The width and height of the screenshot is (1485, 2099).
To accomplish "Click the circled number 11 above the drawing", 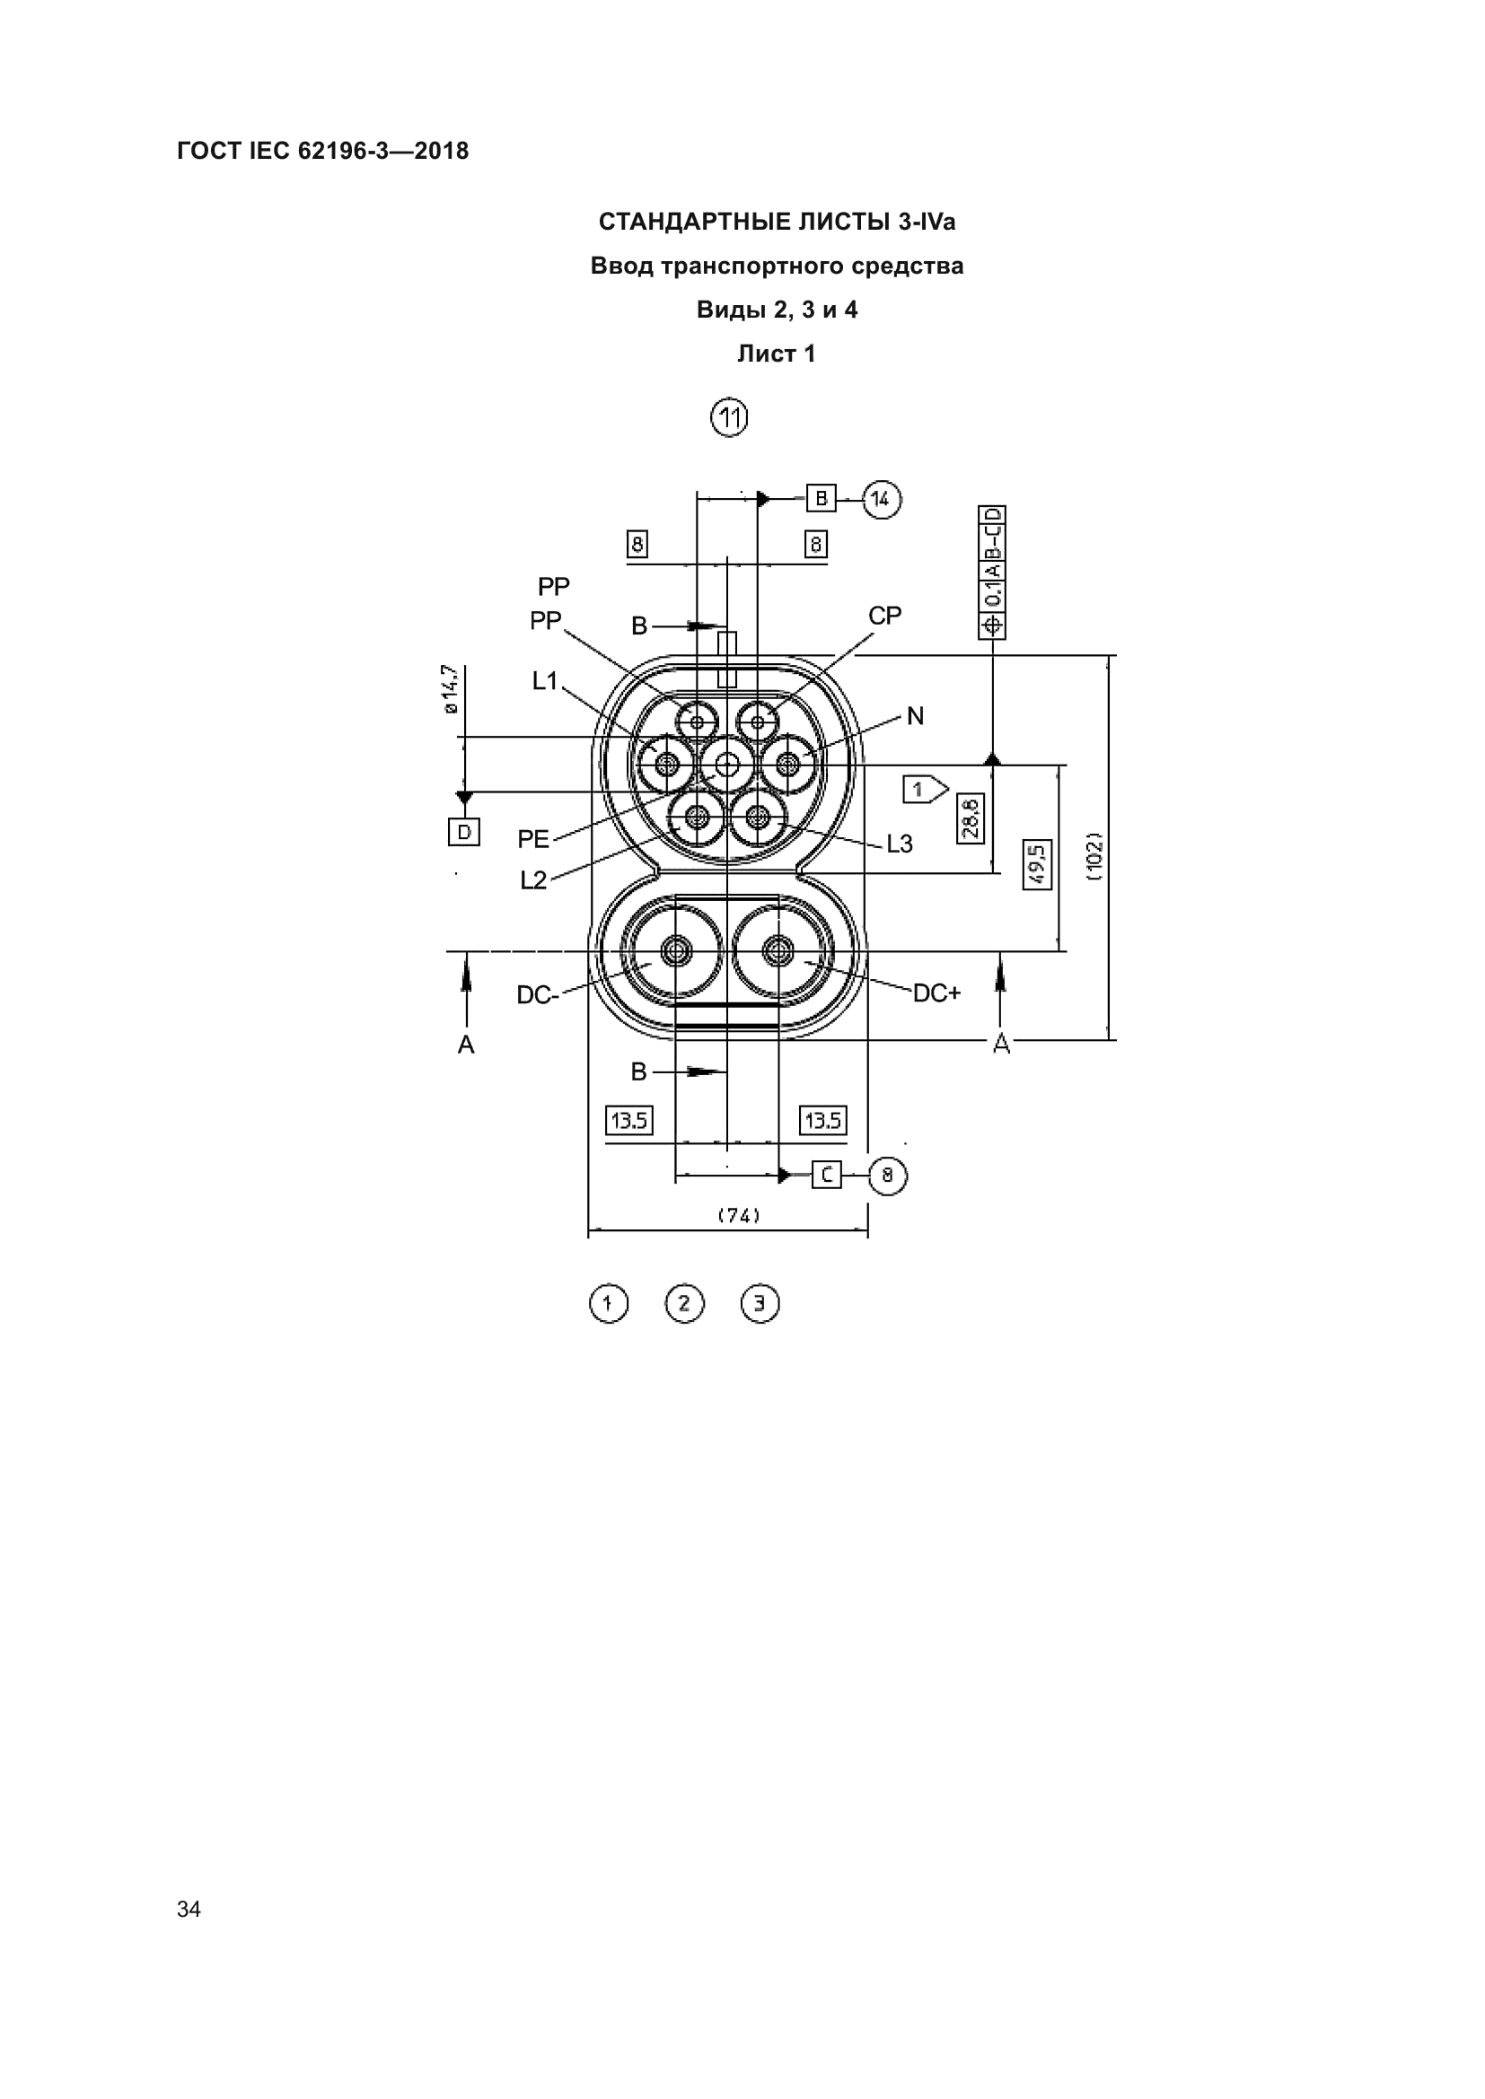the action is pyautogui.click(x=729, y=418).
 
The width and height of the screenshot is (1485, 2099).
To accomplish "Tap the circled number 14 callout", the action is pyautogui.click(x=882, y=499).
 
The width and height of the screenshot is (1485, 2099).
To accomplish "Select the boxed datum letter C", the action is pyautogui.click(x=827, y=1175).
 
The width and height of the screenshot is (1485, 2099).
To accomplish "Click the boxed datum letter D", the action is pyautogui.click(x=464, y=832).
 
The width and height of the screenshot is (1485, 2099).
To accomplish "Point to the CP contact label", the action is pyautogui.click(x=885, y=617).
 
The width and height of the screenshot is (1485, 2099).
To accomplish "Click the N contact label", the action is pyautogui.click(x=915, y=716).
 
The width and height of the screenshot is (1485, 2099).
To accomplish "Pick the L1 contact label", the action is pyautogui.click(x=545, y=681).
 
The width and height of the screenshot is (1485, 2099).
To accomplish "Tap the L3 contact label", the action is pyautogui.click(x=900, y=844).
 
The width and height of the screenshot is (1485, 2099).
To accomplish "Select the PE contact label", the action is pyautogui.click(x=533, y=838).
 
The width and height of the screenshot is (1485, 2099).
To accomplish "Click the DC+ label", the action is pyautogui.click(x=937, y=993).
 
